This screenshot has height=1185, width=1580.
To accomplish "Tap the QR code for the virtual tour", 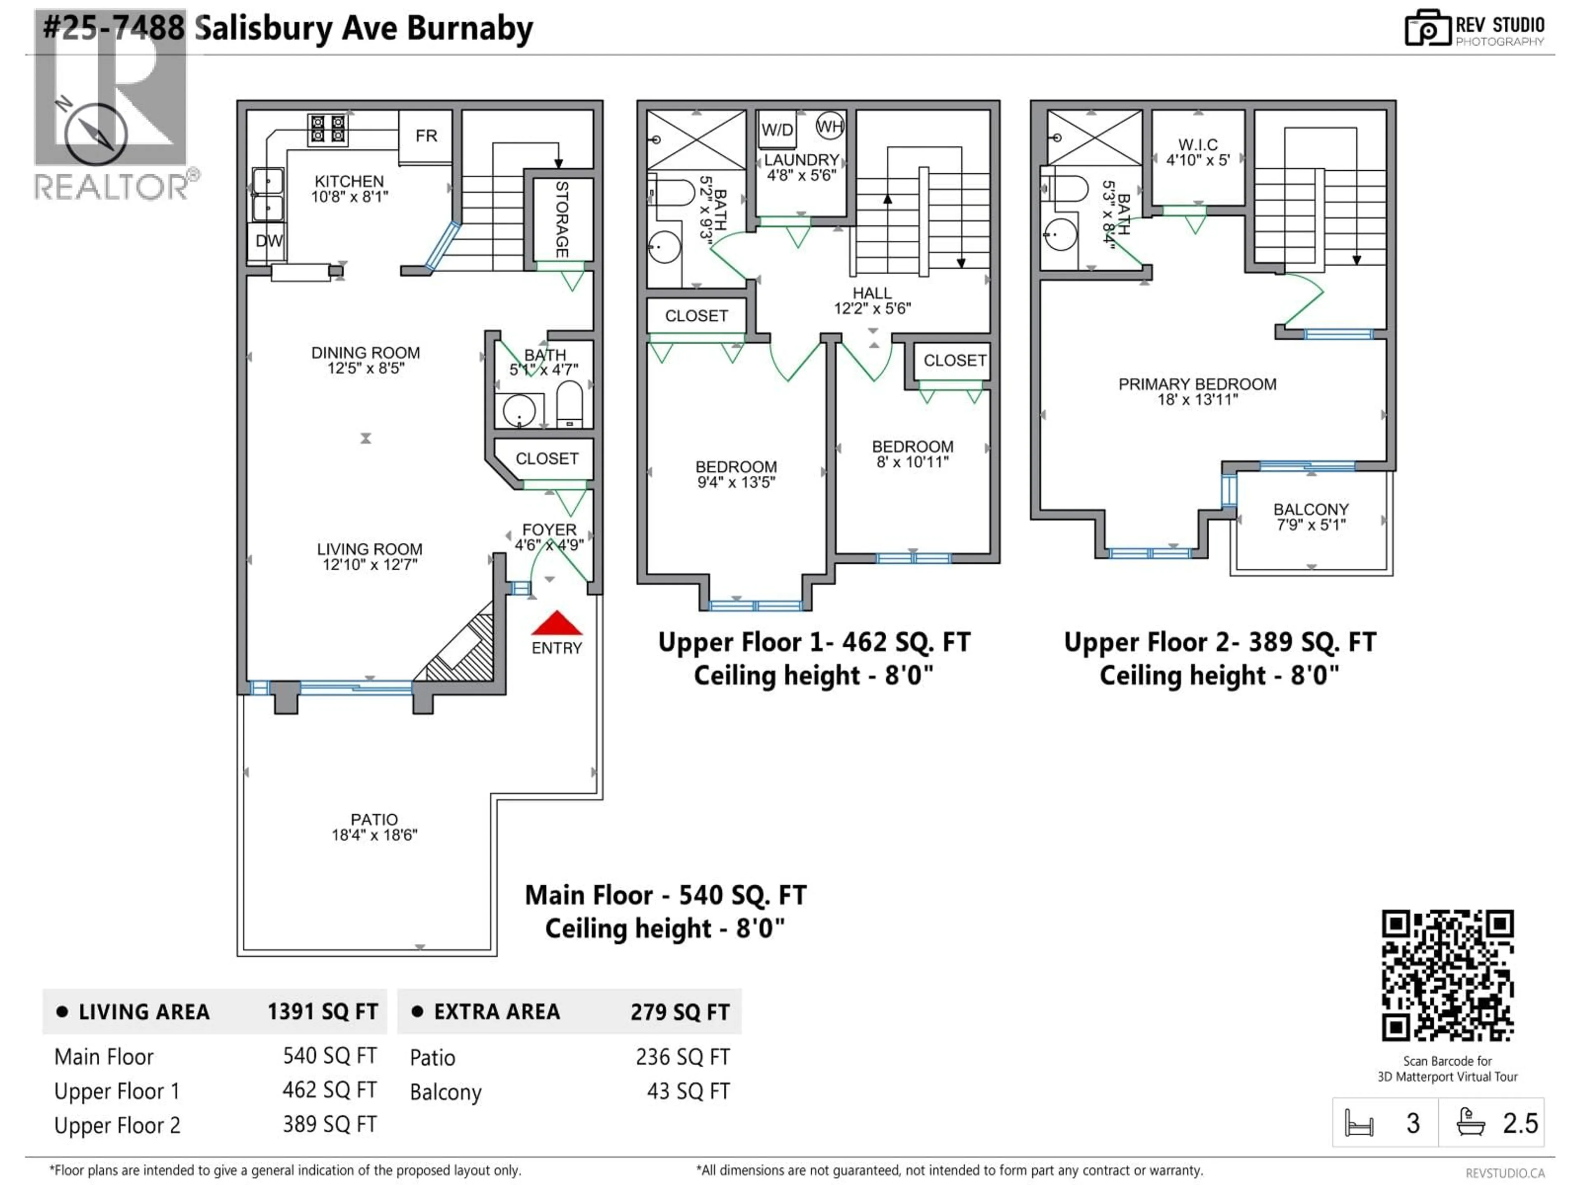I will tap(1447, 975).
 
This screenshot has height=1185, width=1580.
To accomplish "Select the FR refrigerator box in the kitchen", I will tap(426, 136).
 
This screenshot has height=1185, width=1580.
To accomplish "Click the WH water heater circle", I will tap(829, 127).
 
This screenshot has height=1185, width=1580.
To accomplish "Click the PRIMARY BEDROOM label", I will tap(1197, 384).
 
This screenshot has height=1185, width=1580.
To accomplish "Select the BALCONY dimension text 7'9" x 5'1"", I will tap(1311, 525).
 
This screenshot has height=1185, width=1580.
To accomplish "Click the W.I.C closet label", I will tap(1198, 144).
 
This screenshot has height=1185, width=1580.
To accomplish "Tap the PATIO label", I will tap(374, 819).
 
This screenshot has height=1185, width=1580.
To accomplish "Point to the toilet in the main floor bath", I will tap(569, 404).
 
